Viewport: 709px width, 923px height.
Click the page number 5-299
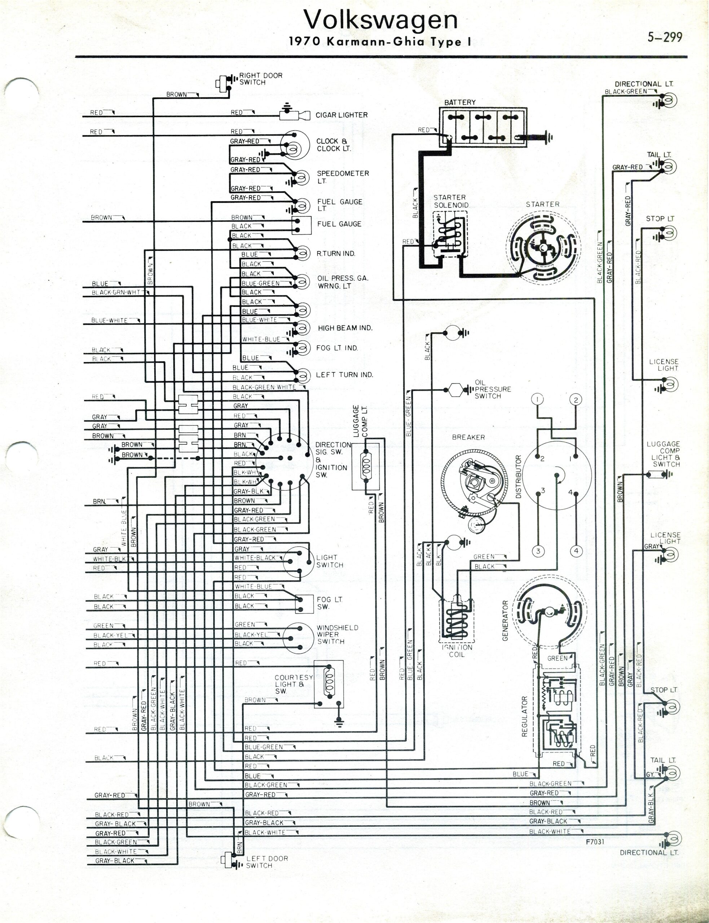tap(665, 37)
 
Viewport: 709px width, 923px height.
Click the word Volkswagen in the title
tap(381, 19)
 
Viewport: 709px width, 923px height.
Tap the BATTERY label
tap(459, 102)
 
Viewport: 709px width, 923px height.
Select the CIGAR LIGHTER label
tap(342, 115)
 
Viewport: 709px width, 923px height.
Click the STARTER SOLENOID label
tap(451, 201)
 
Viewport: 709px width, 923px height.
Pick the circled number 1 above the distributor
tap(537, 399)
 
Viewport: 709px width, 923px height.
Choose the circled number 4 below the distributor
tap(576, 551)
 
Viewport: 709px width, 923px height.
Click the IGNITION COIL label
tap(457, 650)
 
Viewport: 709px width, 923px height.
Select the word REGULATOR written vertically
tap(525, 716)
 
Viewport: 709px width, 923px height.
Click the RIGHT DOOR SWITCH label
tap(260, 79)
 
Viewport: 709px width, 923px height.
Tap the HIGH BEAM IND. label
tap(345, 328)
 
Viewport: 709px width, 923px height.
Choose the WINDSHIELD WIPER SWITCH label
tap(337, 635)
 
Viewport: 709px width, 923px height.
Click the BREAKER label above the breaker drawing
tap(468, 437)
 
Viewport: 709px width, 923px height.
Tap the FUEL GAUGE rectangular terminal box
tap(302, 225)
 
